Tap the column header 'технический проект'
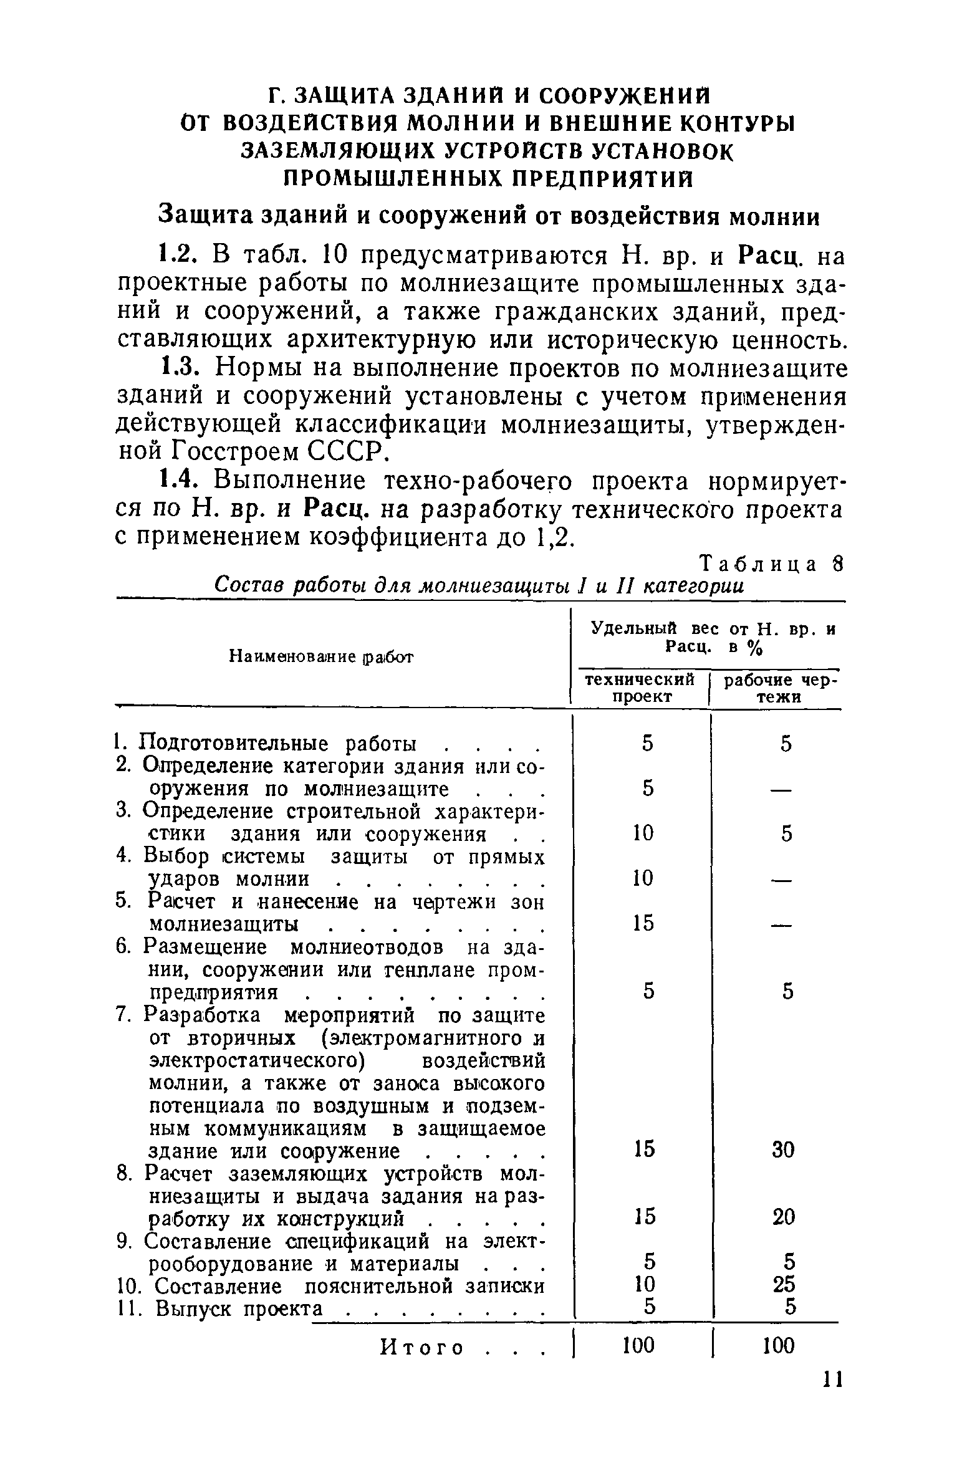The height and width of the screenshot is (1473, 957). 640,688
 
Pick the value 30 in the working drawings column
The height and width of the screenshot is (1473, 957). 783,1149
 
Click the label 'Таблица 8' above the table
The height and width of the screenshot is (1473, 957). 771,564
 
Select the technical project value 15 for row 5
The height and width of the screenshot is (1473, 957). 642,923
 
